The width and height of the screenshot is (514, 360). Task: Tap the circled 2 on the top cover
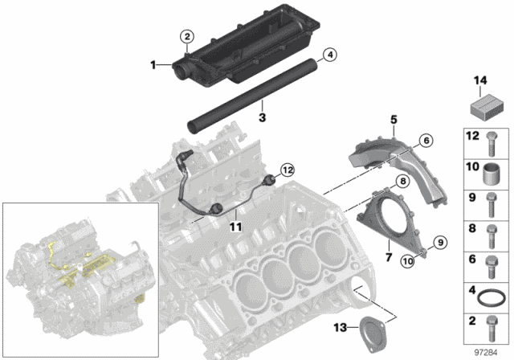(x=186, y=36)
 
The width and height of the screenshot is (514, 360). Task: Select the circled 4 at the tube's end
(x=328, y=55)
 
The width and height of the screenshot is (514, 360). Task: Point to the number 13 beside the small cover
(x=341, y=326)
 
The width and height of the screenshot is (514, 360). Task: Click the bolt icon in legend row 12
(x=490, y=142)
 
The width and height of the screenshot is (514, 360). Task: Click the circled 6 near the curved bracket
(x=425, y=140)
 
